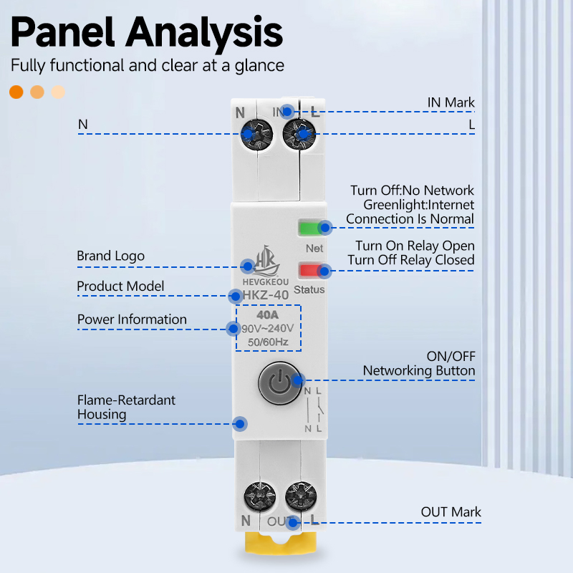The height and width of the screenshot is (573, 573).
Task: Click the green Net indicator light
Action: (310, 228)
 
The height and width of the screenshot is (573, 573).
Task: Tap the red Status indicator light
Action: (310, 271)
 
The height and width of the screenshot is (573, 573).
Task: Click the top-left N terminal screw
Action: (256, 134)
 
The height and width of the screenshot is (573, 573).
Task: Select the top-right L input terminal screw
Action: (299, 134)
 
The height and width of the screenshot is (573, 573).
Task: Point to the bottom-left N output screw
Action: (260, 497)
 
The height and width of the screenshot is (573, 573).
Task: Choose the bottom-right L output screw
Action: (301, 497)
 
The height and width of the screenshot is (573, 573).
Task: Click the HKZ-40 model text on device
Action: (265, 295)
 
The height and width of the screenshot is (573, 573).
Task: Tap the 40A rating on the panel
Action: (267, 314)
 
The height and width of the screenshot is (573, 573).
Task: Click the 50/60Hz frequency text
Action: (268, 342)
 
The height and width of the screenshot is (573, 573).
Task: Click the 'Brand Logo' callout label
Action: (111, 256)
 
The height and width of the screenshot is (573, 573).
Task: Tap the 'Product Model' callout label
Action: (120, 286)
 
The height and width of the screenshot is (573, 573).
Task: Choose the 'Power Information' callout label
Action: (132, 319)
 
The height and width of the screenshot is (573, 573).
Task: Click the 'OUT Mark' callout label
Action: (451, 512)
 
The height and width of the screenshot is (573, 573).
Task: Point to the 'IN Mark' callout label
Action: (451, 102)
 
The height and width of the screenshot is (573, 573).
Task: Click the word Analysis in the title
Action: (204, 33)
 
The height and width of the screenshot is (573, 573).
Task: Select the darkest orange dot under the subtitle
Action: (16, 92)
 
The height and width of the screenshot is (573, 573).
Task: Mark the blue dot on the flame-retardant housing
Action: (240, 424)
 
